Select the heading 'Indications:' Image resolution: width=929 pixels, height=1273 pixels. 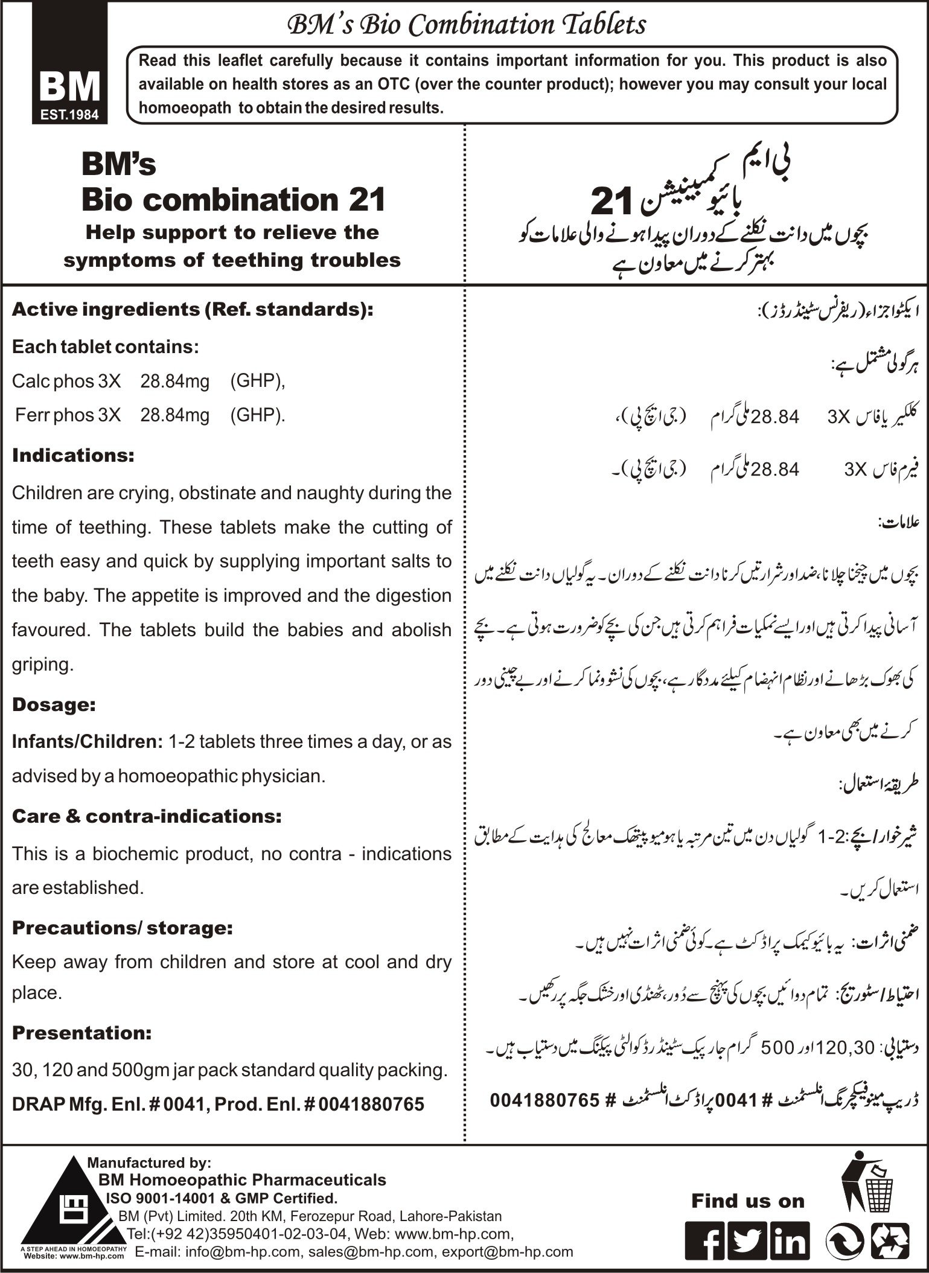73,456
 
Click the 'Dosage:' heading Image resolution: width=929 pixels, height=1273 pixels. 54,704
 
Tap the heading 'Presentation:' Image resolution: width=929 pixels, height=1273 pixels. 81,1033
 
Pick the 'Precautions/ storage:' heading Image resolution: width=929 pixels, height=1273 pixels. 123,928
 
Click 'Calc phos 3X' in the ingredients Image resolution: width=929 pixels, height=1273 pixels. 66,381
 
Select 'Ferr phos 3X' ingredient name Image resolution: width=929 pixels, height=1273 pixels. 68,415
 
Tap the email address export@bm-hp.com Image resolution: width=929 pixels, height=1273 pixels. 507,1252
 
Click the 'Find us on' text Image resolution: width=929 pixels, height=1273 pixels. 748,1201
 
